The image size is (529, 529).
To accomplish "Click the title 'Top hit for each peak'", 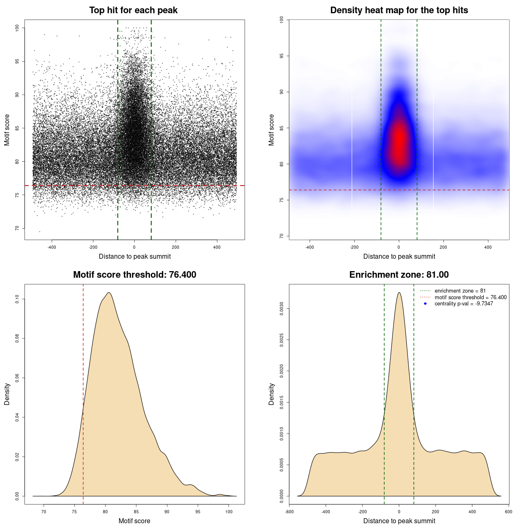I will click(x=133, y=10).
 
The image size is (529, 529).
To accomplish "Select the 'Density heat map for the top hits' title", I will click(x=399, y=10).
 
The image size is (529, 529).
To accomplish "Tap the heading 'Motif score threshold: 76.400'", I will click(x=134, y=275).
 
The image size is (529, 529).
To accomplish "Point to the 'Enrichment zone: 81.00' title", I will click(x=399, y=275).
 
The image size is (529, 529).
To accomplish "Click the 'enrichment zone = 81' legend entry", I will click(x=460, y=291).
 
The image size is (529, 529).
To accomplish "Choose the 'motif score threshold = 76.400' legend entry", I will click(x=470, y=297).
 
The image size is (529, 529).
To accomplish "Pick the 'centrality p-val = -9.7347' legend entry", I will click(x=464, y=304).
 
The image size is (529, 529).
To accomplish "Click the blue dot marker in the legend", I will click(x=425, y=304).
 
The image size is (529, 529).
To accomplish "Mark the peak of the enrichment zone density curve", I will click(x=399, y=293).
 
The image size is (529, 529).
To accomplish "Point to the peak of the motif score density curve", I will click(x=109, y=293).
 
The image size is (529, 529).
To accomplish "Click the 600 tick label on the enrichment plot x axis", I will click(x=508, y=512).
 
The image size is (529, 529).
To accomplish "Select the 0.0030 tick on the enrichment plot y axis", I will click(x=282, y=308).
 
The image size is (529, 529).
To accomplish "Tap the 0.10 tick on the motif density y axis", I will click(x=17, y=299).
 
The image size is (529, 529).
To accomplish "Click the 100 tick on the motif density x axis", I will click(x=229, y=512).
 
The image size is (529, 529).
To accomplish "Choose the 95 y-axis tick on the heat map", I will click(x=282, y=56).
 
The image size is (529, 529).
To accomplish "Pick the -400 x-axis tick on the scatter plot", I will click(x=52, y=247).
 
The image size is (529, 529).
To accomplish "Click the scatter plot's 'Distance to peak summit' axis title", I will click(x=135, y=257).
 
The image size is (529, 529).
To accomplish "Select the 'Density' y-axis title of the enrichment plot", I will click(x=272, y=394).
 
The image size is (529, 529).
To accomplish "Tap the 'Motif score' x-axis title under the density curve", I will click(x=134, y=521).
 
